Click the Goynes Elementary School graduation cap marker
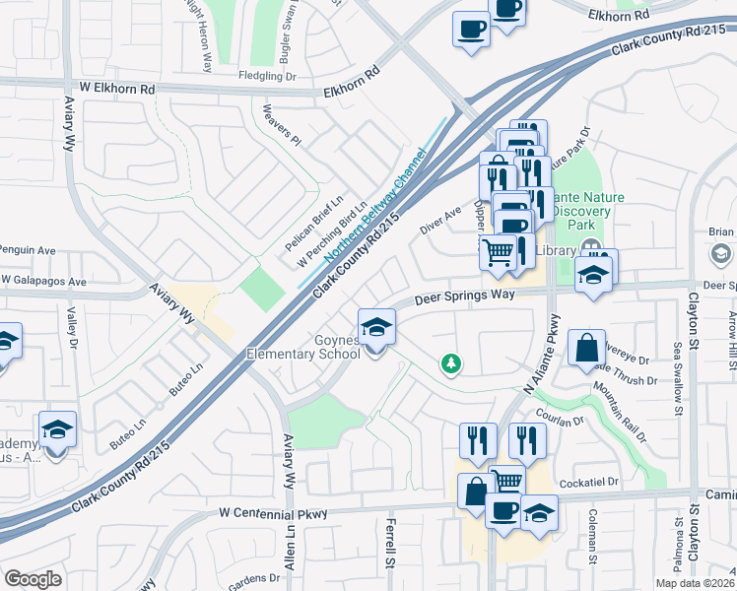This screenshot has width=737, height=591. (375, 327)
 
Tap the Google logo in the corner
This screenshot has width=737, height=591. (33, 579)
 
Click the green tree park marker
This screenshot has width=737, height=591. (452, 365)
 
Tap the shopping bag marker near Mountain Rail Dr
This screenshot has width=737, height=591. (586, 348)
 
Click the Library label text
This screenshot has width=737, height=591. (557, 251)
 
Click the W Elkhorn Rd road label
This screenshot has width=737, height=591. (118, 88)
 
